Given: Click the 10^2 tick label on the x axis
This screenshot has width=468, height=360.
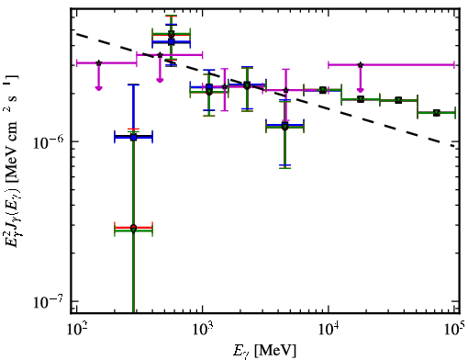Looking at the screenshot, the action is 76,330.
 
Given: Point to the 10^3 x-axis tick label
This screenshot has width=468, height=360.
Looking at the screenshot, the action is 202,330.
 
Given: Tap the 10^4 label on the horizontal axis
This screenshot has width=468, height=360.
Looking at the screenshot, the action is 329,330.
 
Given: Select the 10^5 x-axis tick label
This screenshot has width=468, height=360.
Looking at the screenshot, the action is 454,330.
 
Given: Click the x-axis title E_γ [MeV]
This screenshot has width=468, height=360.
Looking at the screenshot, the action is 264,351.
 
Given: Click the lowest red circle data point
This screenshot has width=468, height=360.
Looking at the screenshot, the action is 133,228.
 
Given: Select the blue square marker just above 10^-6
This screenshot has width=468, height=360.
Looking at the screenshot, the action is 133,137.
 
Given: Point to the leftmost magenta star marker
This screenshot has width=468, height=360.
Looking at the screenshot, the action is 98,63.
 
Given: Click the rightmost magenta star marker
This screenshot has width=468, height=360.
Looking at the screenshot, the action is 361,65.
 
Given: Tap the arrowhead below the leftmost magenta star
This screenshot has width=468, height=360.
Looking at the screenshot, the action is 98,88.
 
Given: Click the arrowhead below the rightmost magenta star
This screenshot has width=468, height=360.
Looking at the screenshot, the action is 361,90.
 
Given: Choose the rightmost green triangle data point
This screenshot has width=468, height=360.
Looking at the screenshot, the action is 437,113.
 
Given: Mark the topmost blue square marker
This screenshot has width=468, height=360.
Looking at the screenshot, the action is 172,41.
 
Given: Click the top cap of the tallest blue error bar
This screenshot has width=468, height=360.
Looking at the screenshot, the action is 133,84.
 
